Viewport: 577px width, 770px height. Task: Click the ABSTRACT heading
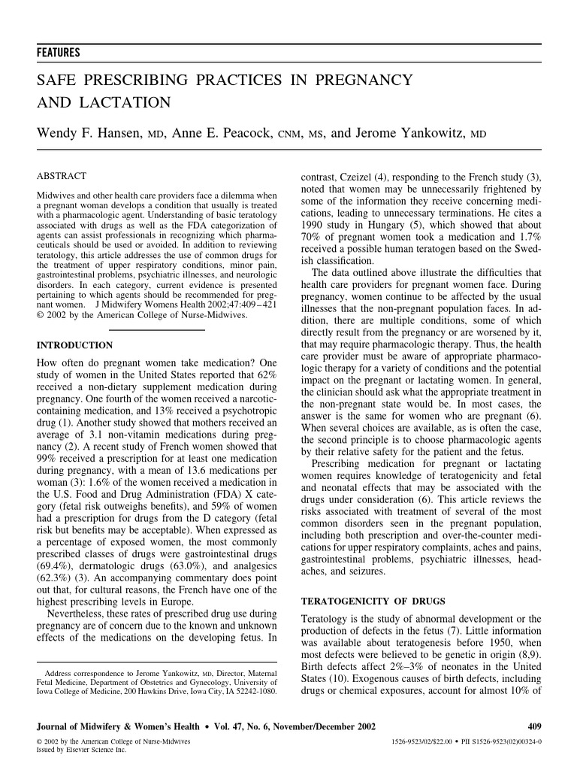coord(61,175)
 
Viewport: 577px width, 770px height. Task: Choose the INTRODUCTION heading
coord(74,345)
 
